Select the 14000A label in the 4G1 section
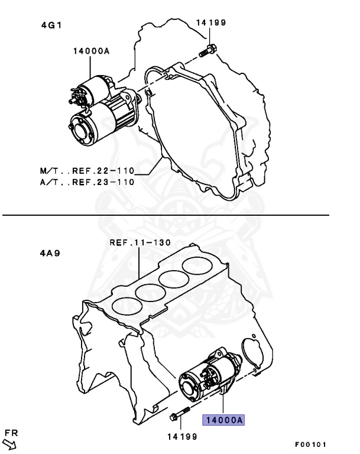(92, 51)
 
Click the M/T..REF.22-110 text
(86, 171)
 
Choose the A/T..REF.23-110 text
(86, 181)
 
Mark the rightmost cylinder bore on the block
(198, 265)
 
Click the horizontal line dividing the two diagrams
(166, 216)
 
